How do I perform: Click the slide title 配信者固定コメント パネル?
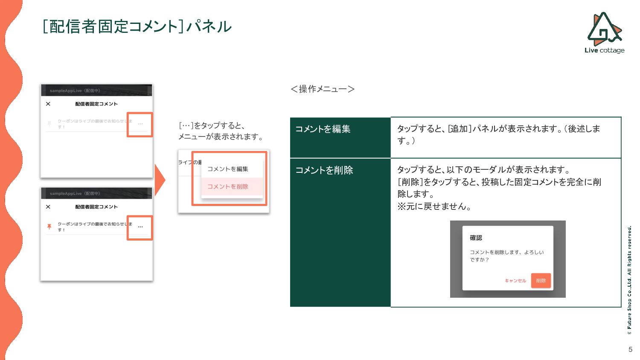(137, 26)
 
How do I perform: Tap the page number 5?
(630, 349)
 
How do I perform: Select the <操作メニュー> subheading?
(323, 89)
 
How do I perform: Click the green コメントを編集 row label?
(323, 129)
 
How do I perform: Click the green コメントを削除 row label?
(324, 170)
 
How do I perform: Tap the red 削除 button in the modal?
(541, 281)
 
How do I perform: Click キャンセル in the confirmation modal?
(515, 281)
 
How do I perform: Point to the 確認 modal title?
(476, 238)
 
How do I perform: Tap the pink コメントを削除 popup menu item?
(228, 186)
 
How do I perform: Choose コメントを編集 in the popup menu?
(228, 169)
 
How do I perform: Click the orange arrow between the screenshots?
(160, 180)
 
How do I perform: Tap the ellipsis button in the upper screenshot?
(140, 124)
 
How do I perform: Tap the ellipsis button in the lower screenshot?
(140, 227)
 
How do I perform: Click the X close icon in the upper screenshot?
(48, 104)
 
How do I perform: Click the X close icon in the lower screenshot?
(48, 206)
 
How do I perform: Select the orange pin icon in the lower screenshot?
(49, 226)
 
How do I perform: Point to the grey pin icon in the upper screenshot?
(49, 124)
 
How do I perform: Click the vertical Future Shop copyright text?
(629, 279)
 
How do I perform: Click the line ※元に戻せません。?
(434, 206)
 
